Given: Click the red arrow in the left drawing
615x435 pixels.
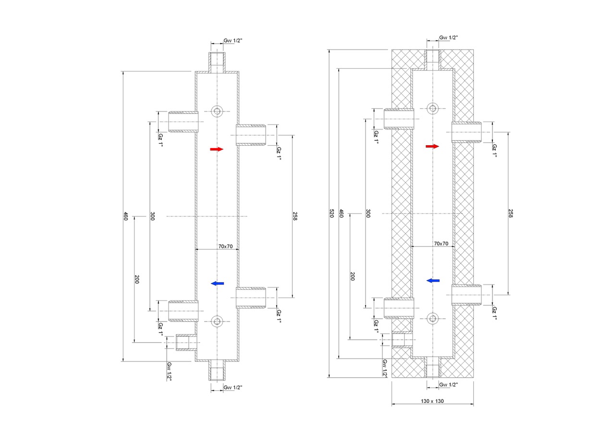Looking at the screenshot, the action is point(217,149).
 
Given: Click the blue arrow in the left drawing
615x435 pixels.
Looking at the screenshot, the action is point(217,283).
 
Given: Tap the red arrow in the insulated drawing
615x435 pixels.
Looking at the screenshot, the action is point(432,147).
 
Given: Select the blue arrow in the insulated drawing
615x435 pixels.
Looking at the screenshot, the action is point(433,280).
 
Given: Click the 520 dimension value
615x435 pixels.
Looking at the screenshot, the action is point(332,213).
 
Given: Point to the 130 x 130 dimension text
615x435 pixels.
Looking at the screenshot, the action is point(432,401).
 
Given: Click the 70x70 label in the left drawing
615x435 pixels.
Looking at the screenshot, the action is point(225,246).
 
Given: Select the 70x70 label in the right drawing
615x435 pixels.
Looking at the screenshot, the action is point(441,244).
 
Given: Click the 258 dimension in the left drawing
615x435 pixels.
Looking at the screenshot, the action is point(295,216).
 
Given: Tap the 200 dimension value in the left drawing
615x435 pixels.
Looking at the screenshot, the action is point(137,279).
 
